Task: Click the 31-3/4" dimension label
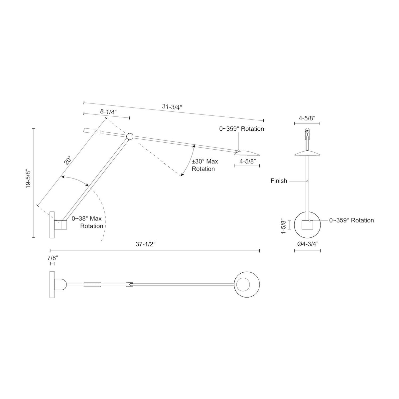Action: tap(172, 107)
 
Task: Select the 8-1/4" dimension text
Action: tap(108, 112)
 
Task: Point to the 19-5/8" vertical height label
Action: tap(28, 180)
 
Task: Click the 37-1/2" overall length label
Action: tap(146, 244)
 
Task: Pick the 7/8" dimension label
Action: tap(53, 258)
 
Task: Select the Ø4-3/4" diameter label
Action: tap(308, 244)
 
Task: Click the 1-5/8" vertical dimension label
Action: tap(283, 226)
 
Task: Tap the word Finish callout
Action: tap(279, 181)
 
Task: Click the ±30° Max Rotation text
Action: tap(205, 165)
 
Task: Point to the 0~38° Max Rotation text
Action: tap(87, 222)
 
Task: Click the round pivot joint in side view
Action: tap(130, 136)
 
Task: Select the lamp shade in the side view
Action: tap(247, 153)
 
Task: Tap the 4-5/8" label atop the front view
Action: tap(307, 118)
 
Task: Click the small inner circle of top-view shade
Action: tap(243, 285)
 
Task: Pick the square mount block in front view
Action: tap(307, 225)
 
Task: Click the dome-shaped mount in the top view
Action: tap(61, 285)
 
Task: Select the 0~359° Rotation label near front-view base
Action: tap(351, 220)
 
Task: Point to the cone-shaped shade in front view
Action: tap(308, 153)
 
